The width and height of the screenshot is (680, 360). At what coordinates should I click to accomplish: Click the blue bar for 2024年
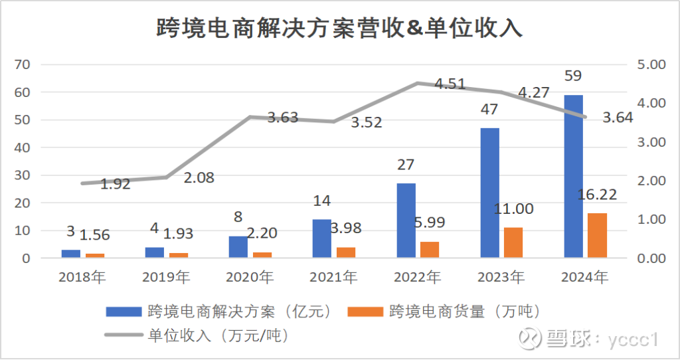pos(573,176)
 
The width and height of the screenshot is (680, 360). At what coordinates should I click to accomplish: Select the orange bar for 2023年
pos(513,242)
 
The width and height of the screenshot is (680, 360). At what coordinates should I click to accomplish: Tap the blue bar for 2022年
pos(406,220)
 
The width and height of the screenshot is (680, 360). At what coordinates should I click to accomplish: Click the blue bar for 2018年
pos(71,254)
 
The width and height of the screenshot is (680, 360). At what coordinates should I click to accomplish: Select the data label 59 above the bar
pos(572,76)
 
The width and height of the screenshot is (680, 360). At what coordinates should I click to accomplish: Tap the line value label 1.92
pos(115,184)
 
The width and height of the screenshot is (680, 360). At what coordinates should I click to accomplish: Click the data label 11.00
pos(513,209)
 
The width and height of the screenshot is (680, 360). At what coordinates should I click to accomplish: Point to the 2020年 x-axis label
pos(250,277)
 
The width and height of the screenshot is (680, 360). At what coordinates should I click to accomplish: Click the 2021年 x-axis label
pos(334,277)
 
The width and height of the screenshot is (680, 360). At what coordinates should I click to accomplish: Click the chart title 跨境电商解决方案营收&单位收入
pos(340,28)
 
